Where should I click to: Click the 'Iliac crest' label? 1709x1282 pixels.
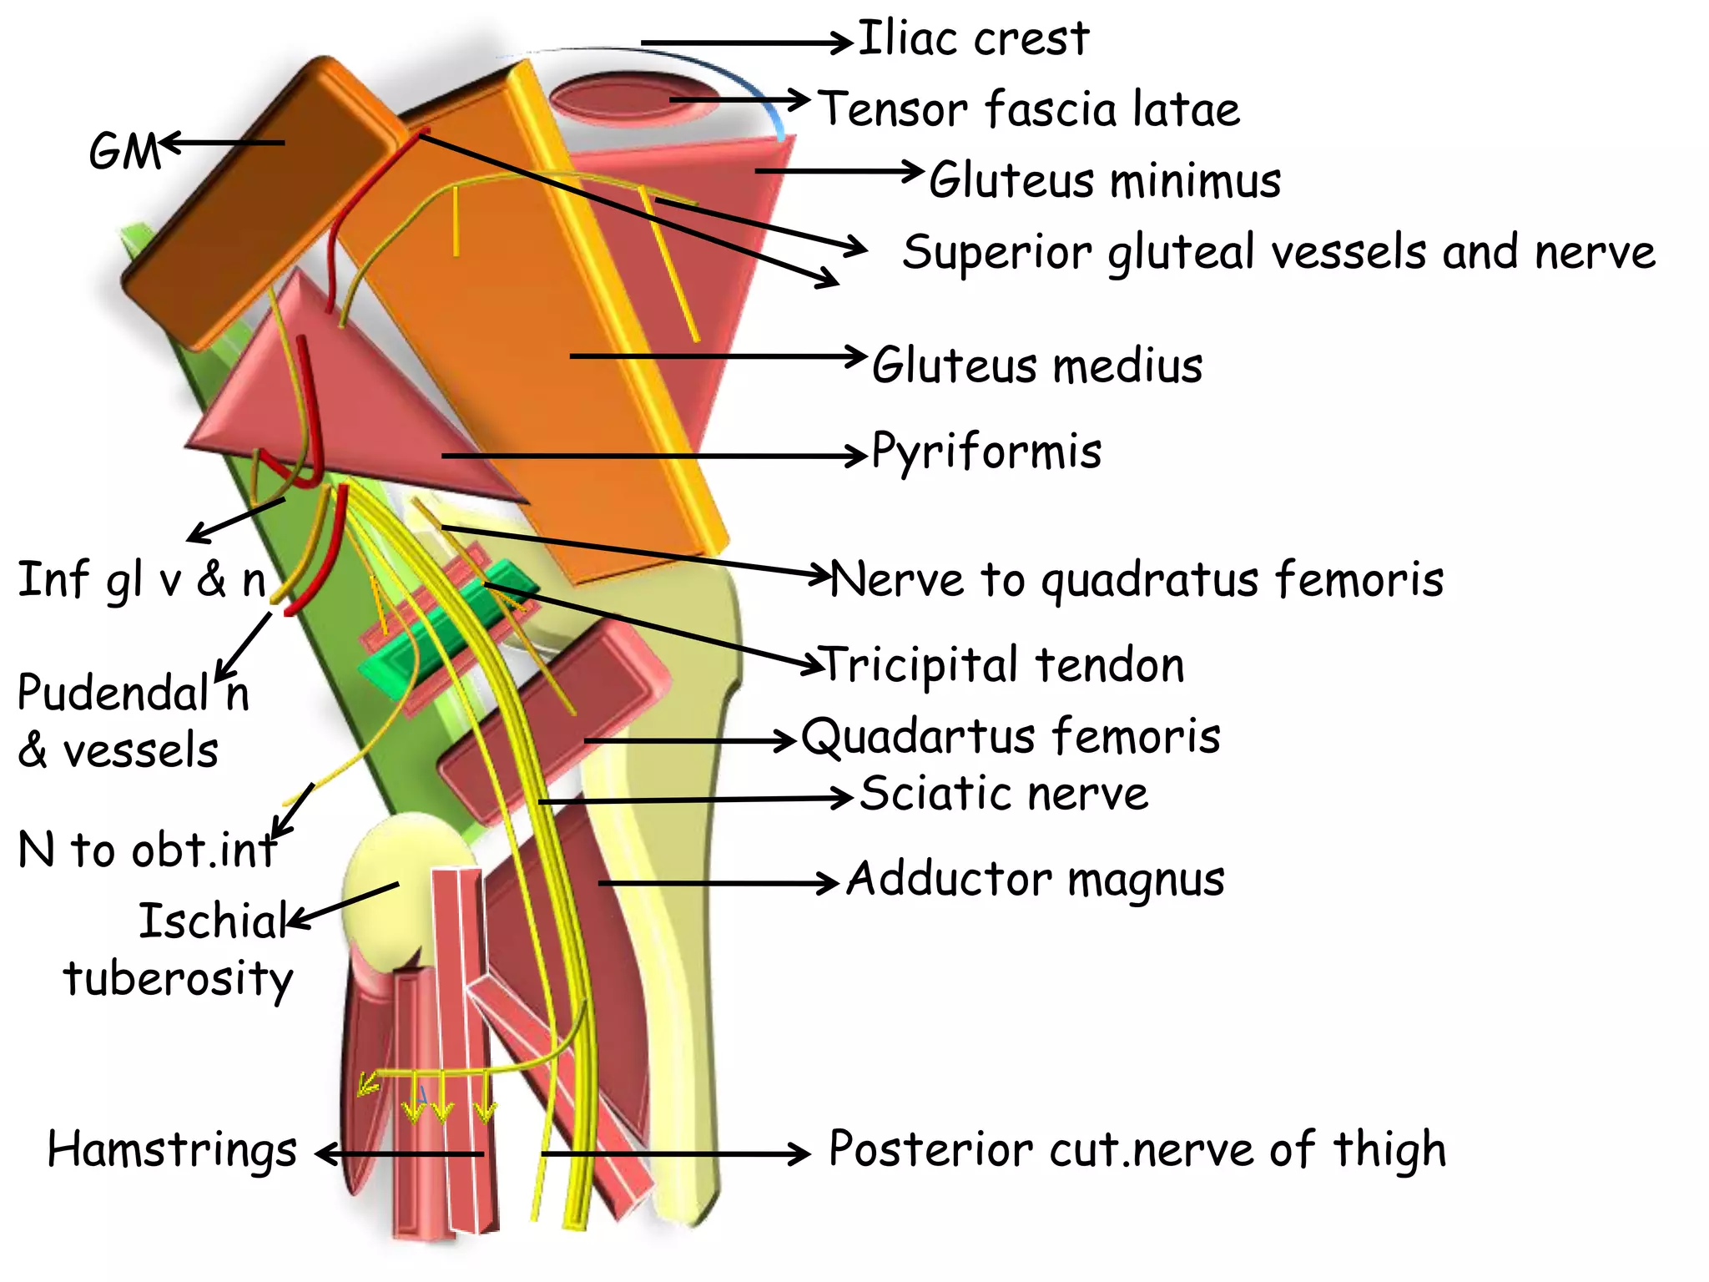pos(973,39)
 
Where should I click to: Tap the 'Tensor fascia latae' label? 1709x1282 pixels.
pos(1028,110)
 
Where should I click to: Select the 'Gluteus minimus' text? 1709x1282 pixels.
pos(1104,181)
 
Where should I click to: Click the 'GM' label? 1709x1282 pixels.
pos(124,152)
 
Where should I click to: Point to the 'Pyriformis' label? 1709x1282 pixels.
pos(986,452)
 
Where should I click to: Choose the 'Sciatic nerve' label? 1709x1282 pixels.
pos(1004,794)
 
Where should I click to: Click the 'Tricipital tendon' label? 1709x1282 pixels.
pos(1003,665)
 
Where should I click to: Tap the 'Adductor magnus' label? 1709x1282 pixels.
pos(1035,880)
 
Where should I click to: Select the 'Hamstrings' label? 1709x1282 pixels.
pos(172,1150)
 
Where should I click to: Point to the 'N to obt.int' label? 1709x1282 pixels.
pos(147,850)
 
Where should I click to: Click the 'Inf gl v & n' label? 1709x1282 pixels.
pos(142,581)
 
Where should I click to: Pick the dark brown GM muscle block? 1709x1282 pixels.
pos(250,200)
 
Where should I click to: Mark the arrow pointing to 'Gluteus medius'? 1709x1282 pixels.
pos(718,356)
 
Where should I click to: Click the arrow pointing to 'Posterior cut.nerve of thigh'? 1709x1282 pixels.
pos(676,1154)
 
